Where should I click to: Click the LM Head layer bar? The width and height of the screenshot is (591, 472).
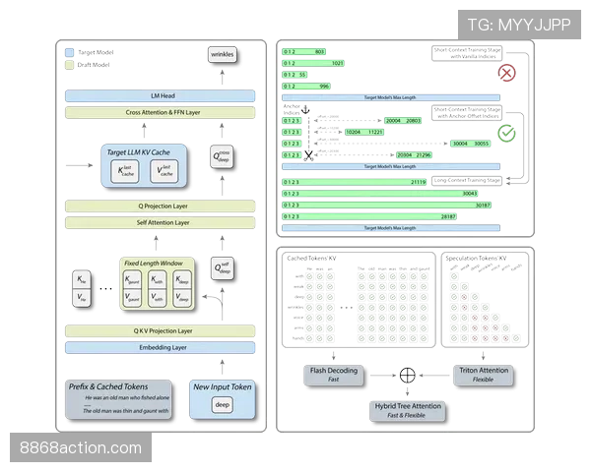point(161,96)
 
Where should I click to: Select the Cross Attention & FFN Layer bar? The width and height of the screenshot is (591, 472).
point(161,112)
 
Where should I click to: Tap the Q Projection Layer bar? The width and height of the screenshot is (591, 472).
point(161,206)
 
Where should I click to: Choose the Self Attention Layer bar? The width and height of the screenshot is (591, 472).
point(161,223)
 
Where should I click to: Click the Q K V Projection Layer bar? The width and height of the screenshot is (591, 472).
point(161,331)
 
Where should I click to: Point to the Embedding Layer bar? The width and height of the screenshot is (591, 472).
point(161,347)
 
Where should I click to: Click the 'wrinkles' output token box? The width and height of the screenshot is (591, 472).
point(222,55)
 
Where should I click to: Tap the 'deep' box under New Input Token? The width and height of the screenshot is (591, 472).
point(222,404)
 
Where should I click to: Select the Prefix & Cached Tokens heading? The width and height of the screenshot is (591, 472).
point(108,386)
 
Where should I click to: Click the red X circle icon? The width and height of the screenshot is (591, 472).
point(506,73)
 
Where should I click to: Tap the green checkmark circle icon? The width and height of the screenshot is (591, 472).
point(506,132)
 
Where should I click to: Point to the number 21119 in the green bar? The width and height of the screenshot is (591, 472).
point(417,182)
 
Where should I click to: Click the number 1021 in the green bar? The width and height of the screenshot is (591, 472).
point(337,63)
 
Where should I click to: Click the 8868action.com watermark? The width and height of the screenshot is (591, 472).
point(81,448)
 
